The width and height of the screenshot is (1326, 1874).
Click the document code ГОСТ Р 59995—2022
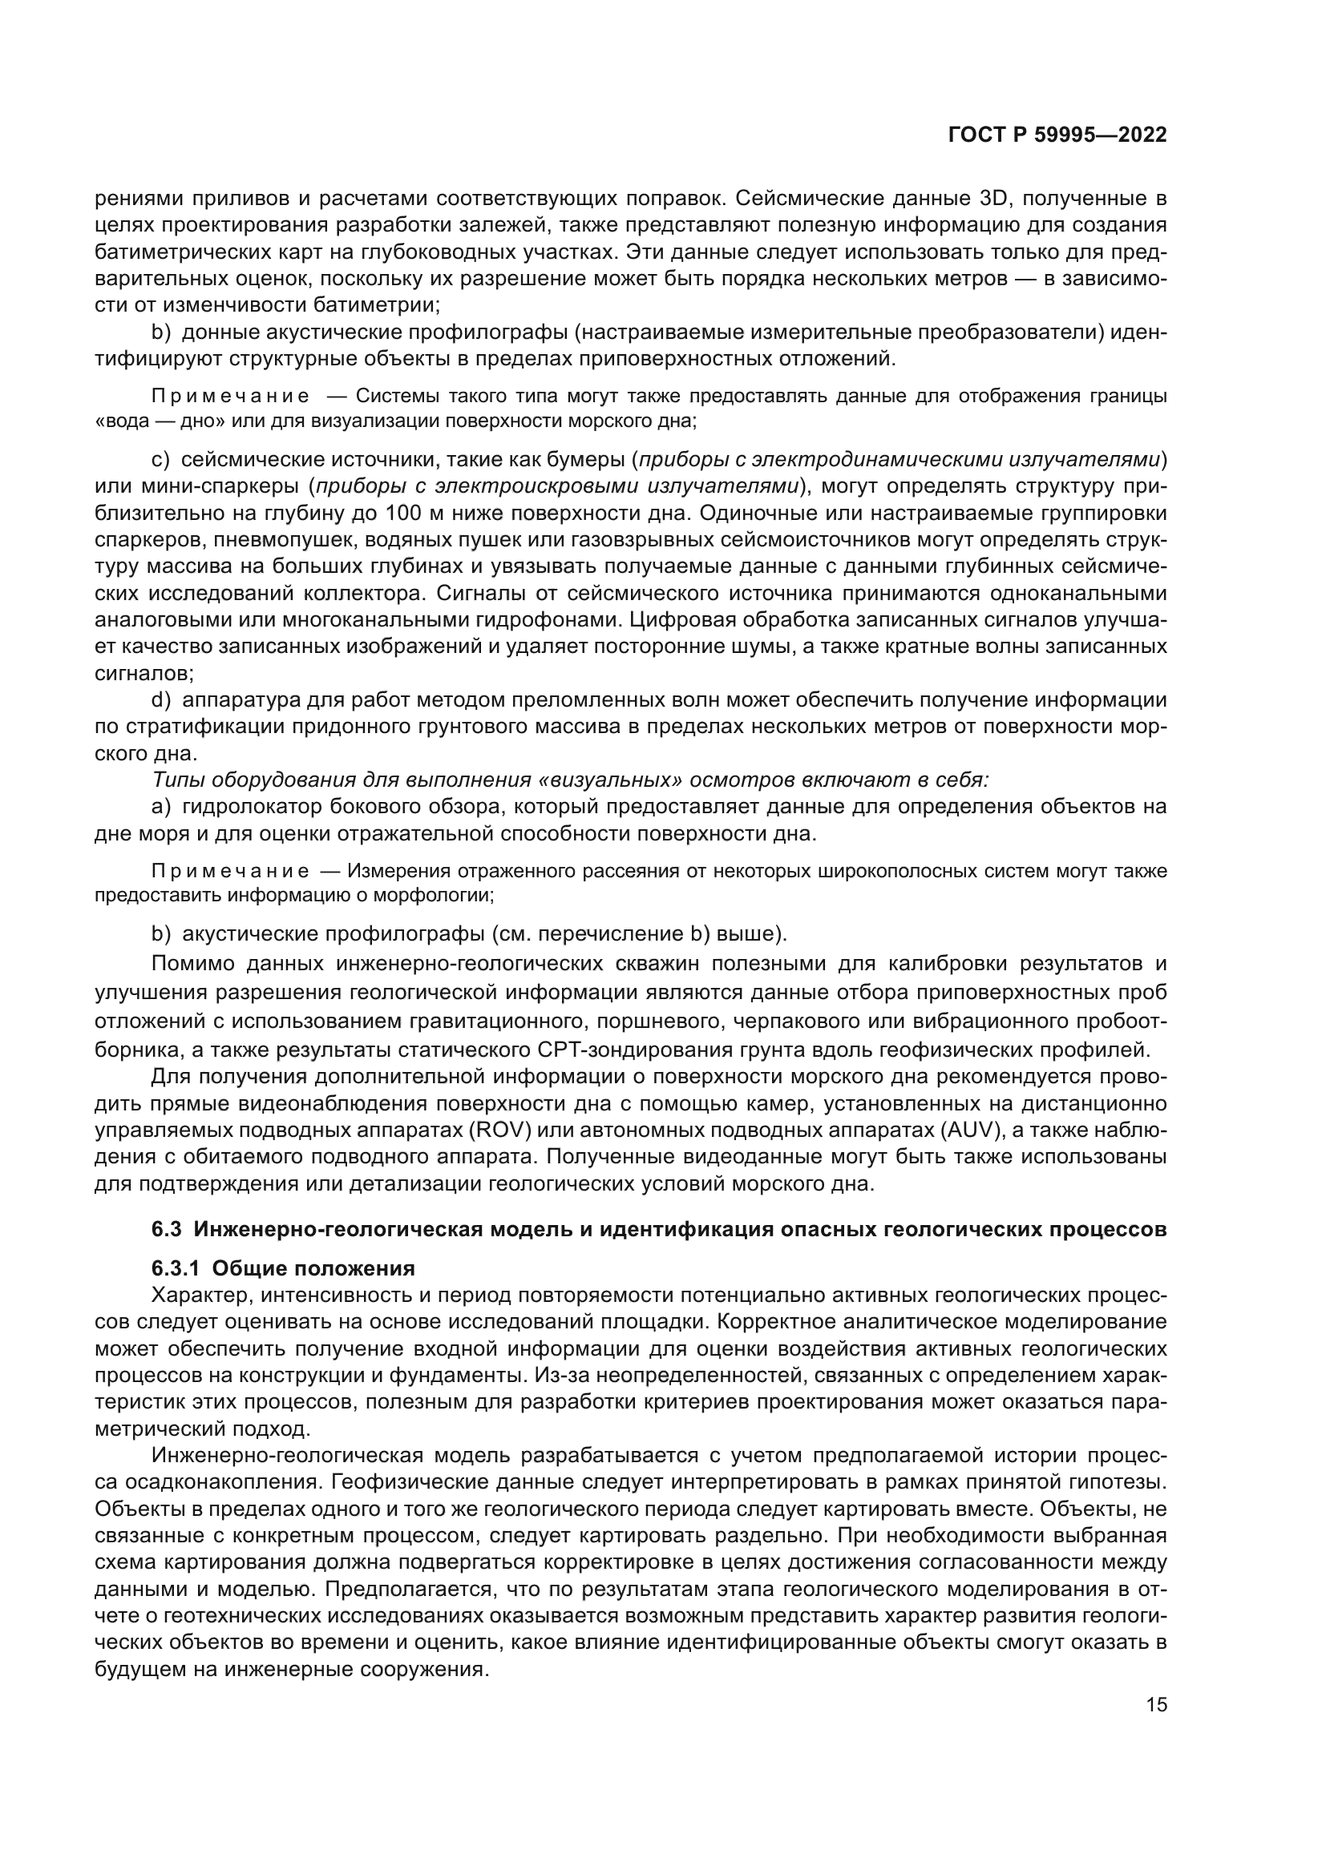click(1057, 135)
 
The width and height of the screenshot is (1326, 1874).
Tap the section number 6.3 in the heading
click(166, 1229)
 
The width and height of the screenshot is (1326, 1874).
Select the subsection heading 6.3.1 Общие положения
click(282, 1268)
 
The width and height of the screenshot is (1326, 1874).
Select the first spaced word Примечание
click(230, 397)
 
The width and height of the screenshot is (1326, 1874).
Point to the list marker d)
click(161, 700)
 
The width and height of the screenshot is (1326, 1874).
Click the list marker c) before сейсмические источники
click(161, 460)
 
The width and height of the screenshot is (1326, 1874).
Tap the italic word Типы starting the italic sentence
click(174, 780)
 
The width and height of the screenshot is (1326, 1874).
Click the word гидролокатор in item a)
click(249, 808)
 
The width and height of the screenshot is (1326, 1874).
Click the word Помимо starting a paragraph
click(193, 964)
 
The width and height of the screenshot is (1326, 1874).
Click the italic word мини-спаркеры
click(196, 486)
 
